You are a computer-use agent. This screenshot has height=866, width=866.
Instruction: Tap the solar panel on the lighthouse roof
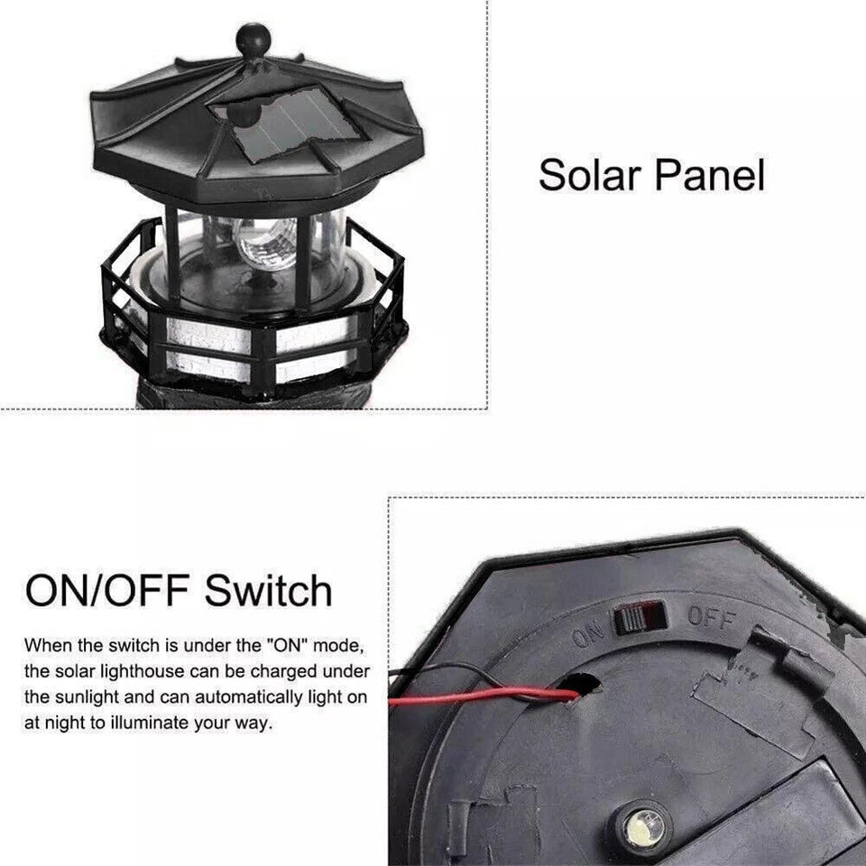point(289,124)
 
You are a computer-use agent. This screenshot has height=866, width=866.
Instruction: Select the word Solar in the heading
point(589,175)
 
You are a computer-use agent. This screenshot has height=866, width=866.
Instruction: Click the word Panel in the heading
point(710,175)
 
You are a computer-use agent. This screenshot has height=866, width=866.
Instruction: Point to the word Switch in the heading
point(269,590)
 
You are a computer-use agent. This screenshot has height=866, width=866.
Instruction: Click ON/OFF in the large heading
point(107,590)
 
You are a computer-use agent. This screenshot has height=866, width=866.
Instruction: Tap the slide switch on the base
point(640,617)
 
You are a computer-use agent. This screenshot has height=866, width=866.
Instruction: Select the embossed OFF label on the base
point(711,619)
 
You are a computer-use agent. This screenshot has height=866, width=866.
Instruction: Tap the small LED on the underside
point(641,829)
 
